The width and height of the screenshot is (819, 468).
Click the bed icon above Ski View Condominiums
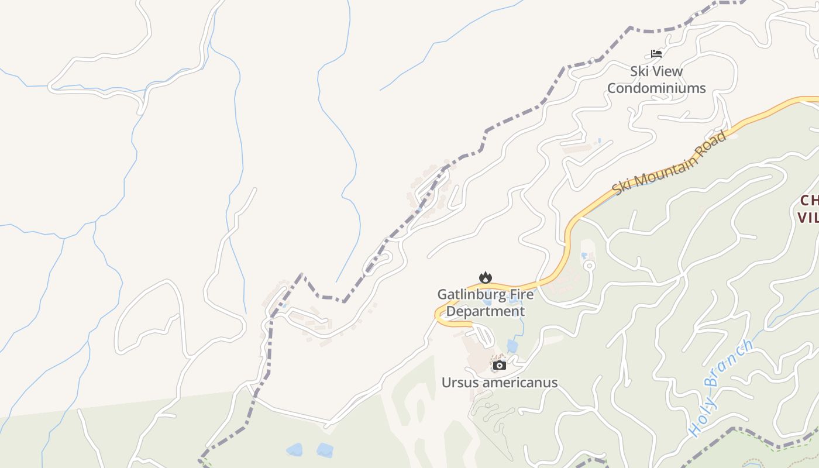pos(656,54)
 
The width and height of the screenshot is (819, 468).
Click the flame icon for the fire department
pos(485,277)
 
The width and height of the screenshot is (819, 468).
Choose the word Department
pos(485,311)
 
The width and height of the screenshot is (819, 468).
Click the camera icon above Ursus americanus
pos(499,366)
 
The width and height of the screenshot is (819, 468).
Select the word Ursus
pos(460,383)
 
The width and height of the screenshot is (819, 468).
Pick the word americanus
pos(520,383)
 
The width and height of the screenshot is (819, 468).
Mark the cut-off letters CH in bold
pos(809,201)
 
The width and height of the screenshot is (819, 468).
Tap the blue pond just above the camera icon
pos(512,346)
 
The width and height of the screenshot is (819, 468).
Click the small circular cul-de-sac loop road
pos(590,266)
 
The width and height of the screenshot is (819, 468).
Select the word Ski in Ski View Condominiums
pos(639,71)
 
